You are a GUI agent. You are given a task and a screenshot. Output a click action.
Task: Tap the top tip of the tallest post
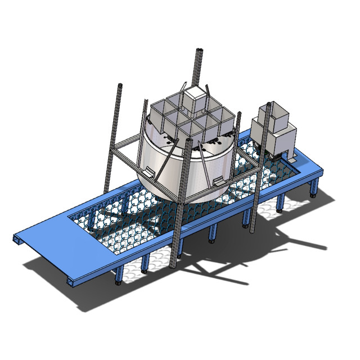click(199, 51)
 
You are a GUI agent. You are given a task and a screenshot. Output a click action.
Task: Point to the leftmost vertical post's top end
click(120, 85)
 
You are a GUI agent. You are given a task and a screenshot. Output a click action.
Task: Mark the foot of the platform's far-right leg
click(313, 196)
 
